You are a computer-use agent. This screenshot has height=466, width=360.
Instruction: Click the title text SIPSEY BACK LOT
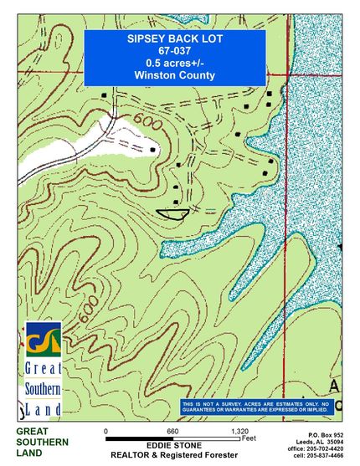(x=174, y=39)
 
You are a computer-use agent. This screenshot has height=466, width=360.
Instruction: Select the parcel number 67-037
(x=174, y=51)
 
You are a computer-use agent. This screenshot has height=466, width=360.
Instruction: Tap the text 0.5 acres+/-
(x=174, y=63)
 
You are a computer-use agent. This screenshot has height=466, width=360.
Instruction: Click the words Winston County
(x=174, y=75)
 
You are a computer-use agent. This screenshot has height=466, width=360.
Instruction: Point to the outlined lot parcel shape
(x=173, y=213)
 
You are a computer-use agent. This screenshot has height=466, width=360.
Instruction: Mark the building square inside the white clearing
(x=153, y=150)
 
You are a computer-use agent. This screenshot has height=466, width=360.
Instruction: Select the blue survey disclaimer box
(x=256, y=407)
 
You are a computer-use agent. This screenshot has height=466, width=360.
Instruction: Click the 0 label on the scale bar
(x=106, y=431)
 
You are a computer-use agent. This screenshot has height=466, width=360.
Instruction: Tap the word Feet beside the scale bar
(x=248, y=438)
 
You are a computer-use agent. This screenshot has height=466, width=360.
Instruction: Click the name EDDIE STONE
(x=174, y=445)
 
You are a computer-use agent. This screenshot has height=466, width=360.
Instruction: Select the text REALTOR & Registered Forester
(x=175, y=456)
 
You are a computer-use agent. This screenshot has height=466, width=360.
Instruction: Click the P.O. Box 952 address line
(x=326, y=435)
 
